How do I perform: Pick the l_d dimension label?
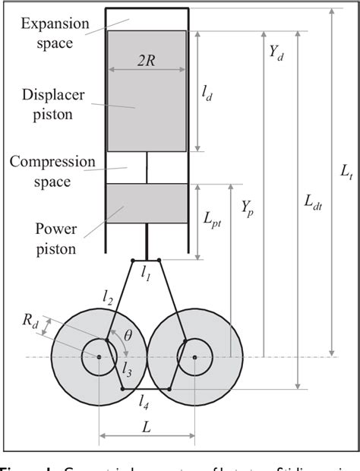pyautogui.click(x=206, y=91)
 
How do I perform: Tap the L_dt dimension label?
pyautogui.click(x=312, y=201)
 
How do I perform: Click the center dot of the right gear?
pyautogui.click(x=195, y=356)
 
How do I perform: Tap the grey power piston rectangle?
pyautogui.click(x=147, y=204)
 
